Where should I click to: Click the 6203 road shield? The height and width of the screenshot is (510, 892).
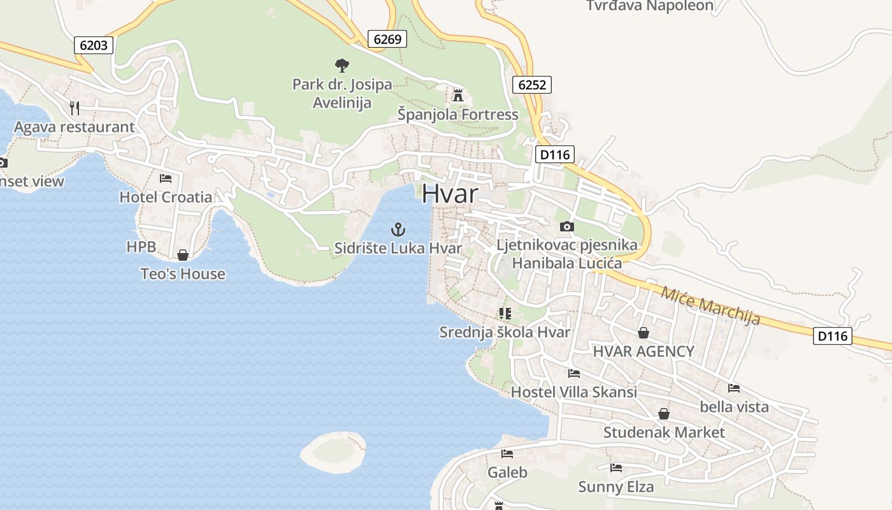tap(94, 45)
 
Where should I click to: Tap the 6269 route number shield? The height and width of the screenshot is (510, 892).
tap(387, 39)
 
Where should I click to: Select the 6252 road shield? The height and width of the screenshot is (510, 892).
tap(531, 85)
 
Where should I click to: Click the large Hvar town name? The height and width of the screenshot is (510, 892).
tap(450, 194)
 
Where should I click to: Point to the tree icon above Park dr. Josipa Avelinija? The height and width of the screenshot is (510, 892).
tap(342, 65)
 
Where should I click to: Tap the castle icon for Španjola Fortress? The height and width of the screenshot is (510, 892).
tap(457, 96)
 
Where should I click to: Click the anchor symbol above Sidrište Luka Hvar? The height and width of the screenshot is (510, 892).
tap(398, 229)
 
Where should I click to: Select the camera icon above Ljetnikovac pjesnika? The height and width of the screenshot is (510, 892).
tap(566, 226)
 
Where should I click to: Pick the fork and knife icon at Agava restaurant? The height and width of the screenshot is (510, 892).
tap(75, 108)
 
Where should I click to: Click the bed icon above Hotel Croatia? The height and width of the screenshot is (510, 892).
tap(166, 178)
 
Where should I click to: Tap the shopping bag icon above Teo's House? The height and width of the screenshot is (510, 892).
tap(183, 255)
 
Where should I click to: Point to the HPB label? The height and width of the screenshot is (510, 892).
tap(141, 247)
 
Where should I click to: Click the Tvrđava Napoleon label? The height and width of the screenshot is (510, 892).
tap(649, 6)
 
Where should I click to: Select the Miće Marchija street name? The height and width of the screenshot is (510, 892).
tap(710, 305)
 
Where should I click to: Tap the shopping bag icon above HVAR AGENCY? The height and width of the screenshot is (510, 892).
tap(644, 333)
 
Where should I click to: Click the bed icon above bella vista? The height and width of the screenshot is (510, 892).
tap(734, 388)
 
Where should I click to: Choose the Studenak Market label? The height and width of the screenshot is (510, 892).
tap(664, 432)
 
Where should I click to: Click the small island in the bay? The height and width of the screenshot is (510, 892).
tap(333, 452)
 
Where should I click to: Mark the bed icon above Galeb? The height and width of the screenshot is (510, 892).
tap(507, 454)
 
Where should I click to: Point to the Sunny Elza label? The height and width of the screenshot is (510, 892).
tap(615, 487)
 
